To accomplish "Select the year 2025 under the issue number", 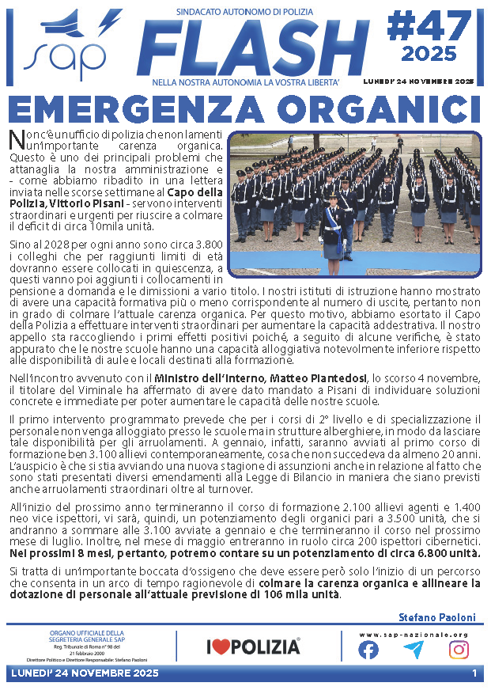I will point(429,55).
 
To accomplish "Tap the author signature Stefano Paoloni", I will point(438,616).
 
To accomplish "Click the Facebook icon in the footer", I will point(368,650).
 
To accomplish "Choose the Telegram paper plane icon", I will point(413,650).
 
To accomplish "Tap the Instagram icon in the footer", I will point(459,650).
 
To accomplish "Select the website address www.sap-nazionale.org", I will point(413,635).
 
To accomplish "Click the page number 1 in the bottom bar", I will point(474,673).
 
